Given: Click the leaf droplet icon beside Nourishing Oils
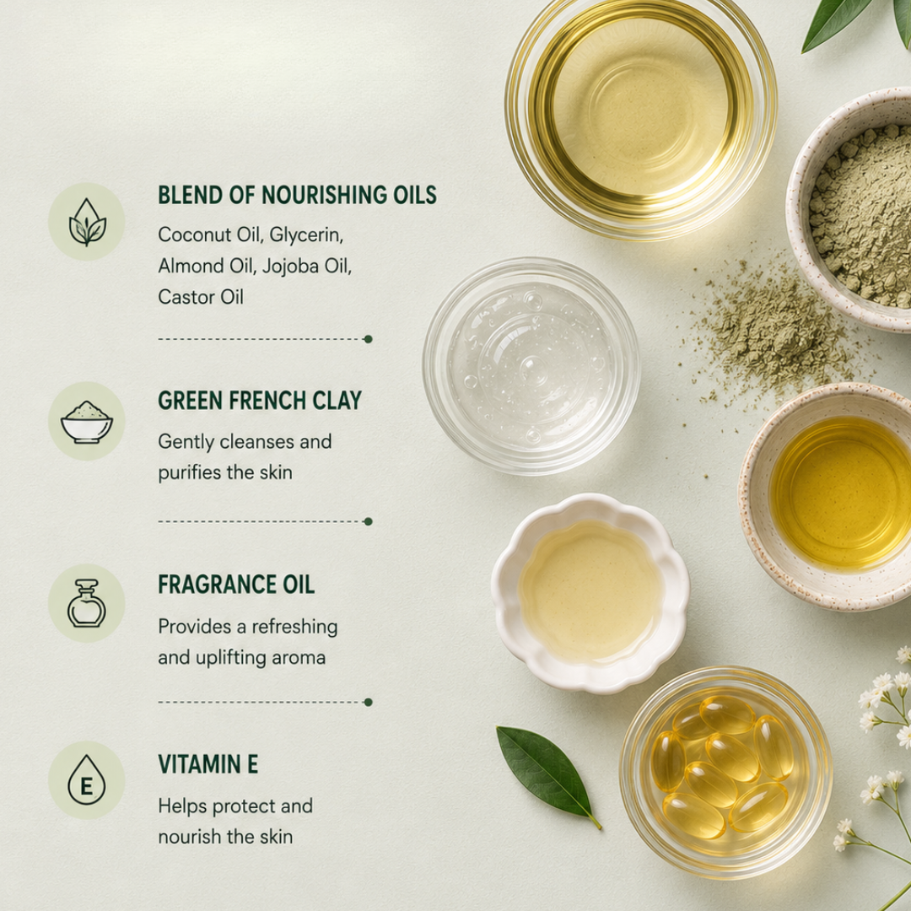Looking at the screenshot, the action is click(87, 223).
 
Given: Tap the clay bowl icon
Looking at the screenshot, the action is click(87, 423).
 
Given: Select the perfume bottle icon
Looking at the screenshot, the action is click(87, 603).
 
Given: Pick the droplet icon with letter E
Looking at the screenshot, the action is click(87, 779).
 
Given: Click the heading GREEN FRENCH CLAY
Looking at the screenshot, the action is click(260, 401).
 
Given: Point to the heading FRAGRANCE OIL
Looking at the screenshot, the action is click(236, 585).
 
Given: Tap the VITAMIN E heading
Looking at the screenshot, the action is click(208, 764).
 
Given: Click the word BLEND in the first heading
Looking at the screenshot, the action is click(191, 195).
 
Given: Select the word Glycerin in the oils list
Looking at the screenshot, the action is click(306, 235).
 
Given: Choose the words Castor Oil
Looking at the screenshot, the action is click(201, 297).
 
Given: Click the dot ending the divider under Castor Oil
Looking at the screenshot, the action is click(368, 339).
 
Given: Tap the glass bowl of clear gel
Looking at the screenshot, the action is click(531, 366).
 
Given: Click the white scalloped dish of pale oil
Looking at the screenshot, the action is click(590, 593).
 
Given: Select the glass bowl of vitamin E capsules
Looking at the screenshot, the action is click(725, 772).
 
